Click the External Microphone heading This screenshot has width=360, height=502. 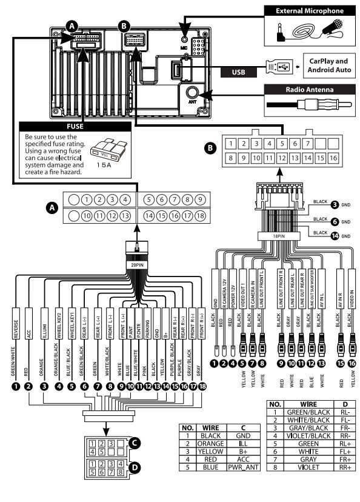pos(309,11)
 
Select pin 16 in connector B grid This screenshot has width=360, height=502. pos(334,158)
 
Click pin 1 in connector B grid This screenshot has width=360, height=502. pos(230,144)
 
